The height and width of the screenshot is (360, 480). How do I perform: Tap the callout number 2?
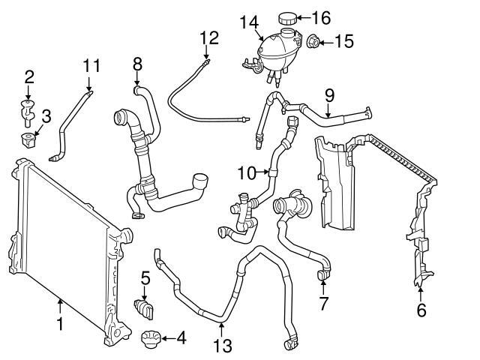tap(29, 76)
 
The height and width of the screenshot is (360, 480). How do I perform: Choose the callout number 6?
tap(421, 310)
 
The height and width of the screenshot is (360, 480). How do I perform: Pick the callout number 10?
tap(247, 173)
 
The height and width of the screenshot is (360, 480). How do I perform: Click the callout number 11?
tap(91, 66)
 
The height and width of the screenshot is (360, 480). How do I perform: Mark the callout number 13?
tap(222, 346)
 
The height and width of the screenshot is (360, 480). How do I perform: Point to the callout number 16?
tap(321, 17)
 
